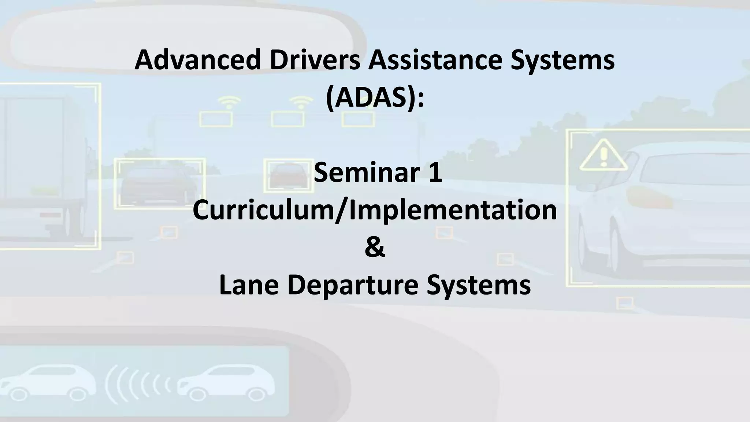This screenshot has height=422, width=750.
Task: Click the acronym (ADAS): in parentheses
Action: pyautogui.click(x=375, y=98)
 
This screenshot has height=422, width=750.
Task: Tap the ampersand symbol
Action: pyautogui.click(x=375, y=248)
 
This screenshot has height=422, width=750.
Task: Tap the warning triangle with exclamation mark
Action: pyautogui.click(x=603, y=156)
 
